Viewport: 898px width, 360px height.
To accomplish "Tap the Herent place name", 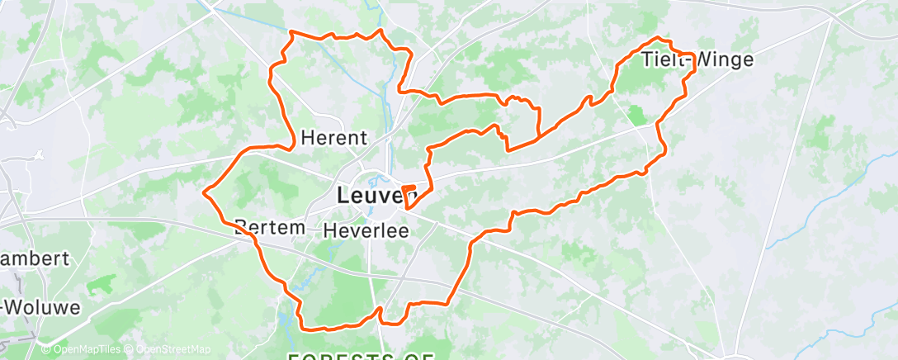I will [x=333, y=137].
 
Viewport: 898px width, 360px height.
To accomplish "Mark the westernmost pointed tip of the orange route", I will [x=203, y=192].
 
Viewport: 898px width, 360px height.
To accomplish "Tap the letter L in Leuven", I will [x=343, y=196].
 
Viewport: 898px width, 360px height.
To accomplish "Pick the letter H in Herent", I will [x=307, y=137].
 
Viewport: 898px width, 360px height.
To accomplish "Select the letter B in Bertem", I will [x=239, y=226].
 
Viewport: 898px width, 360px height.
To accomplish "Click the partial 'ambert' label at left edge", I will [x=34, y=258].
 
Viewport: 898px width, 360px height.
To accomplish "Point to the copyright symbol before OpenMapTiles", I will [x=46, y=349].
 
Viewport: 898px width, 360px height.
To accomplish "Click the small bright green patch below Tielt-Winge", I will [x=637, y=114].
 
